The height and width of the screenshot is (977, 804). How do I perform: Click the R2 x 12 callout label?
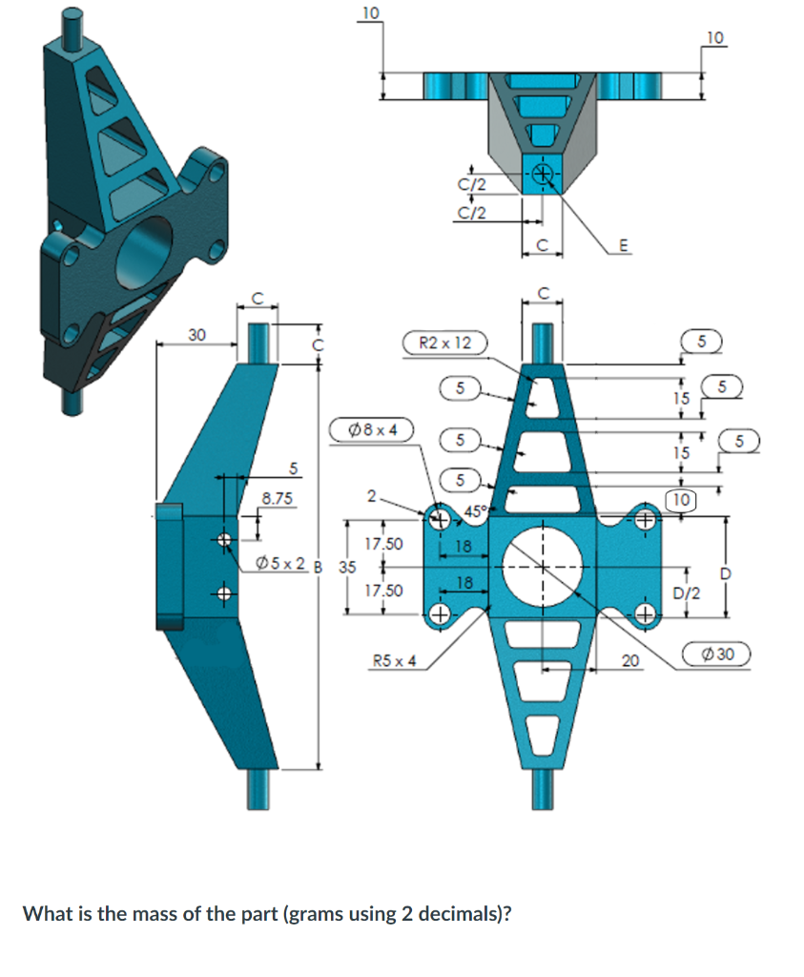tap(445, 343)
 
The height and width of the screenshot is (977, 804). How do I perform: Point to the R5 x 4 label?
tap(394, 659)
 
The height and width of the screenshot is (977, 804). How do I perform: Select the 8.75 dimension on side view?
tap(278, 498)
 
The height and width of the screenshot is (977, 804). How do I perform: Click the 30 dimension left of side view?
tap(196, 334)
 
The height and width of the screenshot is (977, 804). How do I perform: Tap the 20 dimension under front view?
tap(629, 660)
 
